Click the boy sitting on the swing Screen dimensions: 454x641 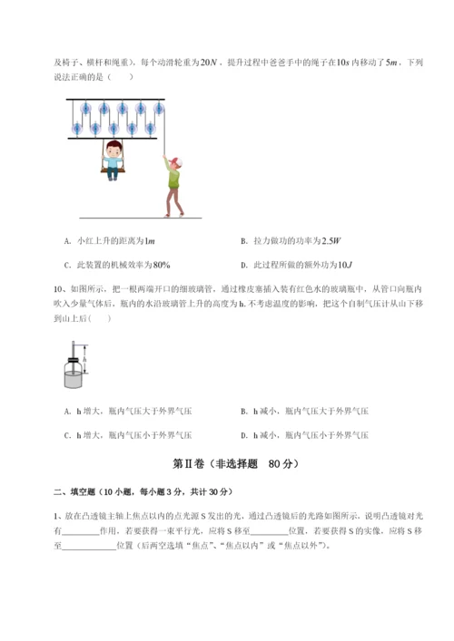[112, 154]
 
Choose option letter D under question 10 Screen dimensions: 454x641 [242, 435]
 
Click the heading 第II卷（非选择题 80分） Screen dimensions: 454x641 [226, 464]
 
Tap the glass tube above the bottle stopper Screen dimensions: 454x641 [74, 348]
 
